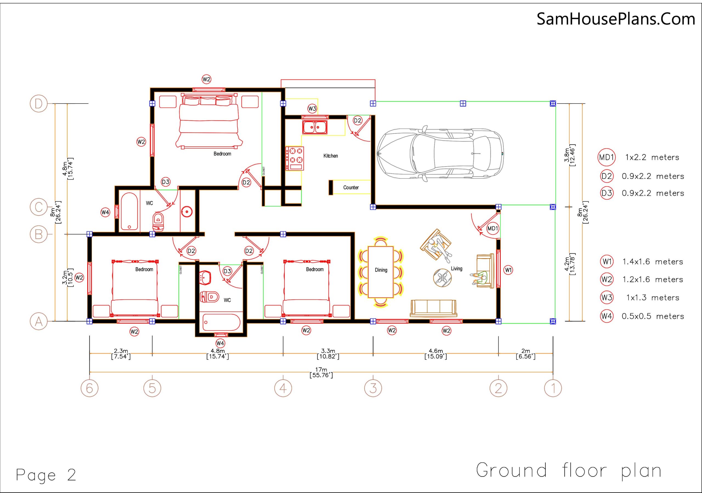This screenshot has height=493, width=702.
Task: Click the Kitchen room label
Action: point(330,156)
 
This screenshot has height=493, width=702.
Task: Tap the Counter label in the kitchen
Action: point(351,188)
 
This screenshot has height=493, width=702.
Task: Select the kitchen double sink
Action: point(315,127)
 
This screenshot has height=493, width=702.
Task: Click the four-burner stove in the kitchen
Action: point(295,159)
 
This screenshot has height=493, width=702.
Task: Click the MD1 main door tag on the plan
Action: point(492,228)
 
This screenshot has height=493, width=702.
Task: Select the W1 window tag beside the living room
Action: point(508,270)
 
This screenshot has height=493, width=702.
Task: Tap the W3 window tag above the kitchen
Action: point(312,108)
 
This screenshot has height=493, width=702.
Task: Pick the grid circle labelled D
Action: point(38,104)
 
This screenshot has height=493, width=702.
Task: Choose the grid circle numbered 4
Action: point(283,388)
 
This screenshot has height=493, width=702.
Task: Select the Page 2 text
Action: point(46,475)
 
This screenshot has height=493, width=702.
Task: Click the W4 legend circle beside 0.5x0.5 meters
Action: point(607,316)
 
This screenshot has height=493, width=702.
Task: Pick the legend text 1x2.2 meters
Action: point(652,157)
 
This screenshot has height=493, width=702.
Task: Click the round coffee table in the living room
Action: point(442,278)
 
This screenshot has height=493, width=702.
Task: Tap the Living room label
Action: point(457,268)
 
